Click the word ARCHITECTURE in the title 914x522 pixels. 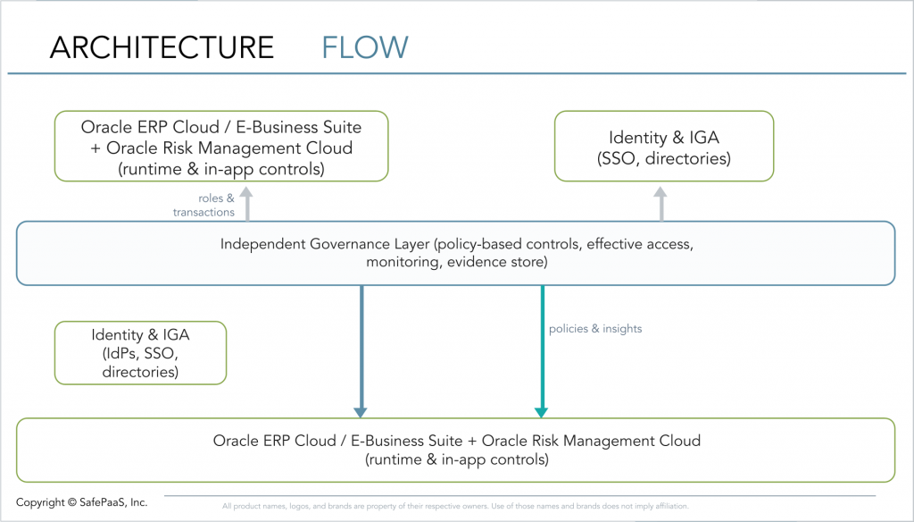tap(162, 46)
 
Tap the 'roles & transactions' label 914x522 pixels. tap(204, 206)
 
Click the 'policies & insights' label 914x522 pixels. tap(595, 329)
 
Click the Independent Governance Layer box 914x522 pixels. tap(455, 253)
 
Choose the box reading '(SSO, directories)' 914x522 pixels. tap(664, 147)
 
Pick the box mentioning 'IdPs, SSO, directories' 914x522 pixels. tap(140, 353)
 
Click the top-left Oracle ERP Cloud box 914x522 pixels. tap(221, 147)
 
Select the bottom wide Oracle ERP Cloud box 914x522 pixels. tap(456, 450)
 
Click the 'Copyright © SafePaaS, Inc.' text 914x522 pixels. tap(81, 502)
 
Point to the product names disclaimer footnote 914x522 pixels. tap(455, 506)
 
